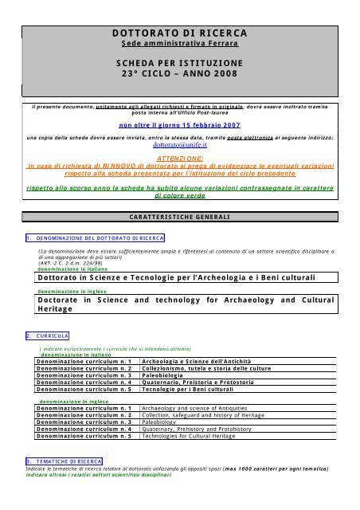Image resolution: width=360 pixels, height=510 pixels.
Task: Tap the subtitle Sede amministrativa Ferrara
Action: click(x=180, y=45)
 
